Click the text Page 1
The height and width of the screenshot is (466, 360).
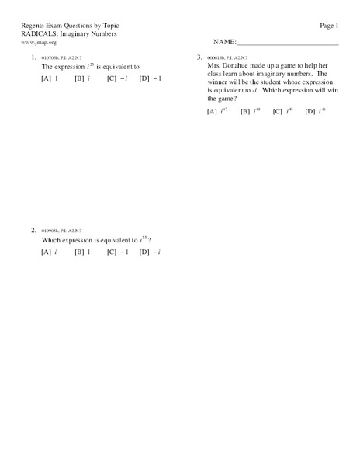coord(329,26)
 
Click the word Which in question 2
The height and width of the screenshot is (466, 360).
coord(51,241)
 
